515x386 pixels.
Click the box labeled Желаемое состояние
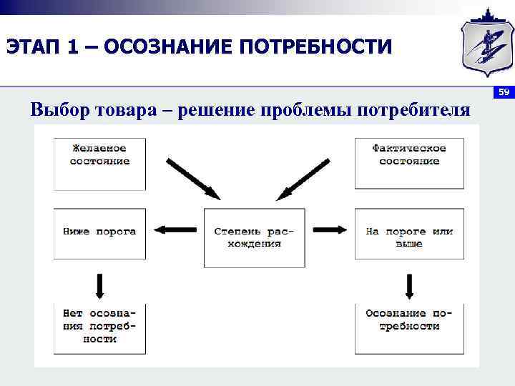[99, 163]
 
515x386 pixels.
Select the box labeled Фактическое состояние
[409, 163]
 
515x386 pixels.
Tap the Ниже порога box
[99, 233]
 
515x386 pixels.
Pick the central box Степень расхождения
[254, 237]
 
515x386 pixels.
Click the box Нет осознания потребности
[99, 327]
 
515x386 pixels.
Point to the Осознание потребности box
[409, 327]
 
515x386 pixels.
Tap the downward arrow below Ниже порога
[99, 285]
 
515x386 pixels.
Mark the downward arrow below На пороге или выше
[409, 285]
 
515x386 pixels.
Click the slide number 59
[503, 92]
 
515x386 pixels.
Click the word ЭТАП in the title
[33, 47]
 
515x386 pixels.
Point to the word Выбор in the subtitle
[60, 110]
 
